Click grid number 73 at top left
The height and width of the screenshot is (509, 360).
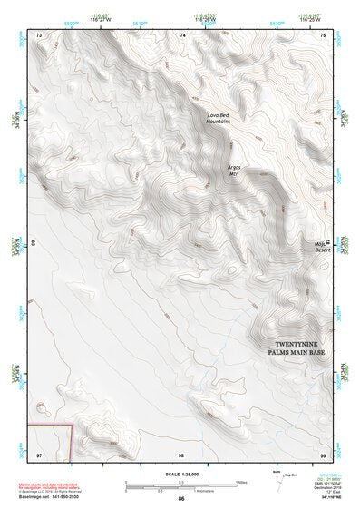[x=39, y=35]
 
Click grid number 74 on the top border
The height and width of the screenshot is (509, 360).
[x=182, y=35]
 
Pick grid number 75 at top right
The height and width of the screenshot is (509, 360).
[x=324, y=35]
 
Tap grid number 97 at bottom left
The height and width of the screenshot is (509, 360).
[x=39, y=453]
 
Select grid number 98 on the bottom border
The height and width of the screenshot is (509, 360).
[x=181, y=453]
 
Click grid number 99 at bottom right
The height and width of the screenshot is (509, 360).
[x=324, y=453]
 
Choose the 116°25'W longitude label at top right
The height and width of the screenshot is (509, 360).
[x=311, y=20]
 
